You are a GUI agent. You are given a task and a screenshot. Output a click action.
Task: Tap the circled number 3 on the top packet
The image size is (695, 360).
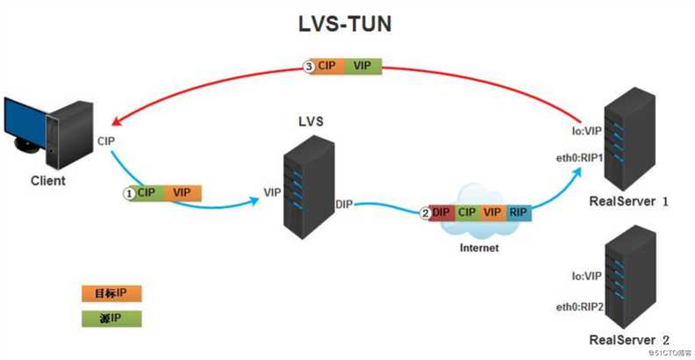(x=308, y=67)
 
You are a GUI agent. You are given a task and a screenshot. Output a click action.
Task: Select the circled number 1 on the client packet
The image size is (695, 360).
(x=129, y=193)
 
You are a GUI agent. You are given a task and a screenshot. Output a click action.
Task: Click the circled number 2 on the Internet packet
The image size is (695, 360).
(x=425, y=212)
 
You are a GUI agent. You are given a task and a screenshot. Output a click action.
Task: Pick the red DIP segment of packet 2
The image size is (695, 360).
(x=442, y=212)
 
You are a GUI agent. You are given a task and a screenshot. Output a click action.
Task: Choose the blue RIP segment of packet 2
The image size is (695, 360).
(x=518, y=212)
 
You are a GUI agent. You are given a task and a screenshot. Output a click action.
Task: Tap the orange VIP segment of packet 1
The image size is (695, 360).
(x=183, y=193)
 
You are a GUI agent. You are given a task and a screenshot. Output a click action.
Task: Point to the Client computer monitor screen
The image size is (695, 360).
(x=25, y=121)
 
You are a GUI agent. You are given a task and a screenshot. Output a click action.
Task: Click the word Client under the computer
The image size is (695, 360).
(x=48, y=181)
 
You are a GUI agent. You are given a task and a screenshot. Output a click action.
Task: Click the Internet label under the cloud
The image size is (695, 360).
(x=479, y=248)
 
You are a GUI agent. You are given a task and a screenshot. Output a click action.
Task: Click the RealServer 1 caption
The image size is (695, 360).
(x=628, y=201)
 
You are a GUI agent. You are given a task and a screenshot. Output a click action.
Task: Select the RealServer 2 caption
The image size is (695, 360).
(x=628, y=340)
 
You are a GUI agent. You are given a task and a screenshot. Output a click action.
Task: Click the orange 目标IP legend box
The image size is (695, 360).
(x=111, y=293)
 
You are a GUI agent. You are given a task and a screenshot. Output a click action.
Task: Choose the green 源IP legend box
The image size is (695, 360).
(x=111, y=319)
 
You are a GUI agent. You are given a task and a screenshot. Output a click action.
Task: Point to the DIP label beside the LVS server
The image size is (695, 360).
(x=344, y=205)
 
